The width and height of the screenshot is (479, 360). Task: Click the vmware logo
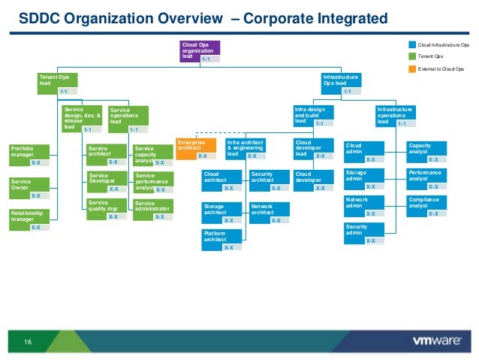coord(436,341)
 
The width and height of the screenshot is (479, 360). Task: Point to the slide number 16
coord(29,343)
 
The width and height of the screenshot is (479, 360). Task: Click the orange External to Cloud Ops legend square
coord(411,68)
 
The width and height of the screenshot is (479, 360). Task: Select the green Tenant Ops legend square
coord(411,56)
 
